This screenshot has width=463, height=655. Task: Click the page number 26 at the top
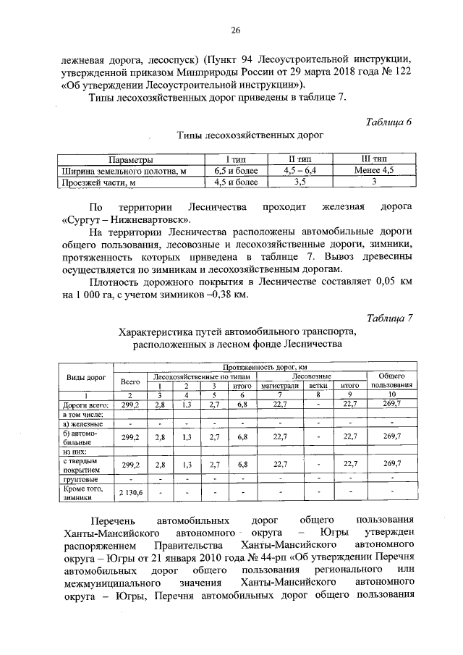click(x=235, y=30)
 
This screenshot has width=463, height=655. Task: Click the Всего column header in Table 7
click(x=130, y=381)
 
